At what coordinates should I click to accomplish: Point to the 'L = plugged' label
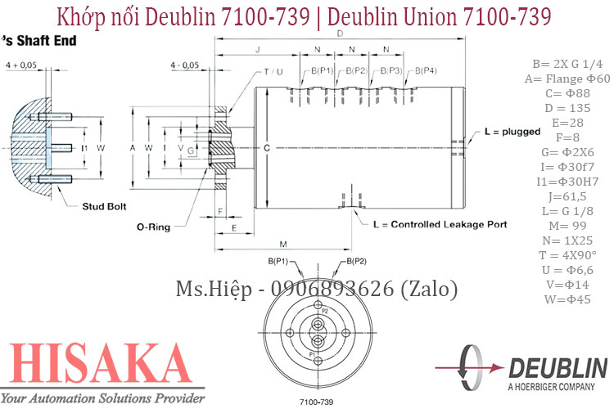point(512,131)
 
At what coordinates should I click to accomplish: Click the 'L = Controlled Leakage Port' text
point(440,224)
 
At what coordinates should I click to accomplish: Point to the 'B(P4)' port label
point(425,71)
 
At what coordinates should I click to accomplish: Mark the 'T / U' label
point(273,71)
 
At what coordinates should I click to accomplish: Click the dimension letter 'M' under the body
point(282,245)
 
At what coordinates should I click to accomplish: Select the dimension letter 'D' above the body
point(340,34)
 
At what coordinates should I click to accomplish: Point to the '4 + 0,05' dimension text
point(22,65)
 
